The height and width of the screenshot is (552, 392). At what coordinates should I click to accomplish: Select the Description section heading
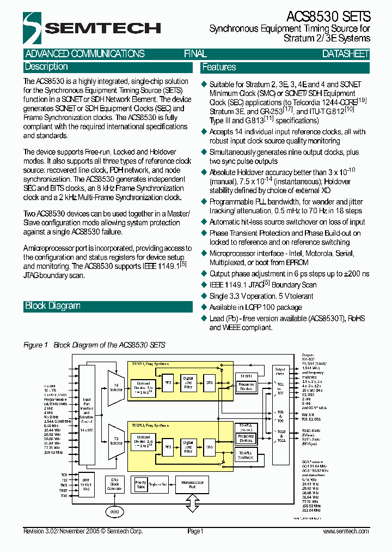(46, 67)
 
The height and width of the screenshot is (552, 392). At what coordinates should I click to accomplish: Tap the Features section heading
(219, 68)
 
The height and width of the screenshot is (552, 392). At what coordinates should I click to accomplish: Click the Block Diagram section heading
(53, 306)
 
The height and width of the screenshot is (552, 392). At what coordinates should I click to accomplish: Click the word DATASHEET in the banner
(345, 54)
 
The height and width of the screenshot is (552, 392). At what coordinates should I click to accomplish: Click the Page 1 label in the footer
(195, 531)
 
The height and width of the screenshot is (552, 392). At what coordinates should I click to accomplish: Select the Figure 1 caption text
(94, 345)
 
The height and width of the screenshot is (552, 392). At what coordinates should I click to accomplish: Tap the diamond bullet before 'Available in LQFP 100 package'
(205, 308)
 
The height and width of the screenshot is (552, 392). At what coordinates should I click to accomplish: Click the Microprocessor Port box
(192, 483)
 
